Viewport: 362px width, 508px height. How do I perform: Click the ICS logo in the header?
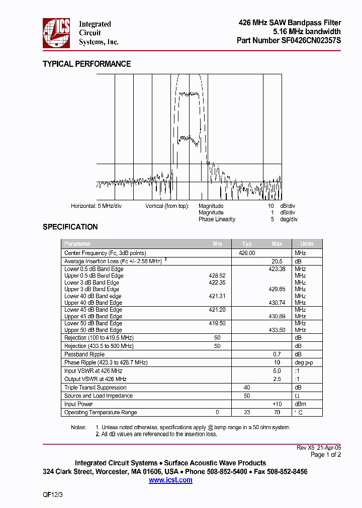[x=56, y=33]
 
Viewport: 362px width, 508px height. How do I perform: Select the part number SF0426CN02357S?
[x=311, y=41]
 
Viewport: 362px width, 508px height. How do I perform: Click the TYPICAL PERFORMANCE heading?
[x=86, y=64]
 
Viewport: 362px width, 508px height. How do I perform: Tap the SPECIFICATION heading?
[x=70, y=227]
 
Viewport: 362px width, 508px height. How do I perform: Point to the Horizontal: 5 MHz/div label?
[x=96, y=206]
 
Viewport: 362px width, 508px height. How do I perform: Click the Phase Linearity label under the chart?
[x=217, y=219]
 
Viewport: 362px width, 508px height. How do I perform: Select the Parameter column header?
[x=77, y=244]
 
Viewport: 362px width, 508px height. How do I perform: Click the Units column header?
[x=307, y=244]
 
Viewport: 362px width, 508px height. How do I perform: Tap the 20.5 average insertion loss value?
[x=277, y=262]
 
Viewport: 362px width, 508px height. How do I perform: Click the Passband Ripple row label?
[x=84, y=354]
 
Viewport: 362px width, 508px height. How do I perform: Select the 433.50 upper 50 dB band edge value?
[x=277, y=330]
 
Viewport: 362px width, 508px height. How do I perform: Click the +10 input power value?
[x=277, y=404]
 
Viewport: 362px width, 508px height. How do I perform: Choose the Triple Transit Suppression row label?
[x=96, y=388]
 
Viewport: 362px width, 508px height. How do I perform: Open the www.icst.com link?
[x=170, y=480]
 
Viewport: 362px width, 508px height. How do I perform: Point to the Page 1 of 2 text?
[x=326, y=455]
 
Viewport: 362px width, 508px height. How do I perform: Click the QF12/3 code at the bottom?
[x=53, y=494]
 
